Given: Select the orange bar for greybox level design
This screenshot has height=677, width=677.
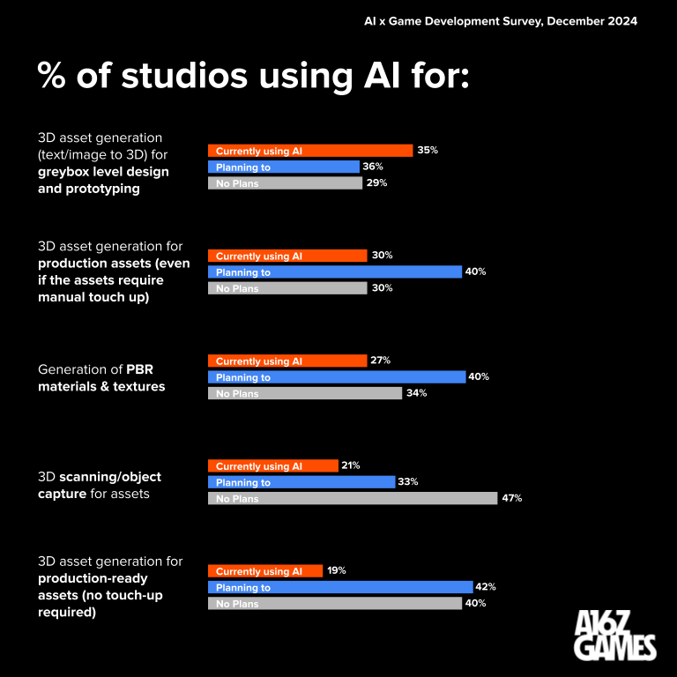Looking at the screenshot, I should pos(309,151).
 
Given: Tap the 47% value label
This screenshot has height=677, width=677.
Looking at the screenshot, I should pos(513,498).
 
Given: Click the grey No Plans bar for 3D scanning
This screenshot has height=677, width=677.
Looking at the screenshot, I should pos(353,498).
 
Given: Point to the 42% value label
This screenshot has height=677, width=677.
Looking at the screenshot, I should pos(486,587).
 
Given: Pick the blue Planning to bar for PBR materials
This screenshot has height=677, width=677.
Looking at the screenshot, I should pos(336,377).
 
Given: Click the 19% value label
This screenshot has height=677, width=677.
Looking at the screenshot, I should pos(336,570).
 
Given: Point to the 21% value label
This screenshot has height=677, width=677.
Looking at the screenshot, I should pos(351,465).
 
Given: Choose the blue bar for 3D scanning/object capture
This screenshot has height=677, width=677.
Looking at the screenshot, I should pos(301,482).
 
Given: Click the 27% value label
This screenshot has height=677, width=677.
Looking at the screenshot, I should pos(381,361).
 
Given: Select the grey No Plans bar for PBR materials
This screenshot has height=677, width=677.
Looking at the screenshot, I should pos(304,393).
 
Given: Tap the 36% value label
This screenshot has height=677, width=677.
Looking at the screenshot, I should pos(373,167).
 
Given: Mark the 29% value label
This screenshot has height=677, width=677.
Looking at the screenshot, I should pos(376,183).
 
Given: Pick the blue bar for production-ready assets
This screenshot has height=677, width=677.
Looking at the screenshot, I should pos(339,587).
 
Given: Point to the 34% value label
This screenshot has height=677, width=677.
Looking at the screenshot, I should pos(416,393).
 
